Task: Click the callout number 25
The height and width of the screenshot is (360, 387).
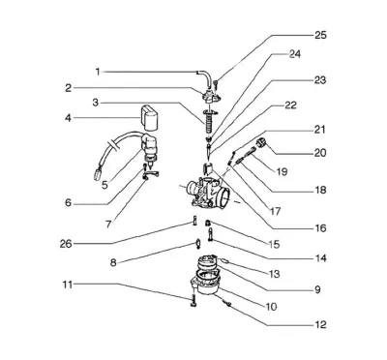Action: [320, 35]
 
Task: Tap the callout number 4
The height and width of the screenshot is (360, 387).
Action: [68, 118]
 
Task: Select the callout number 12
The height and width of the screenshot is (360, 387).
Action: [320, 324]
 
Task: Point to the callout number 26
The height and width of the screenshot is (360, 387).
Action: [66, 244]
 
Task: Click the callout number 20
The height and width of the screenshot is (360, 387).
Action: [320, 153]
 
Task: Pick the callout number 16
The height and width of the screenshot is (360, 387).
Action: [320, 228]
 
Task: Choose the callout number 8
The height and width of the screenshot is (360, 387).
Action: [113, 262]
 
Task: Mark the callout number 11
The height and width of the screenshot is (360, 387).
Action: [68, 285]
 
